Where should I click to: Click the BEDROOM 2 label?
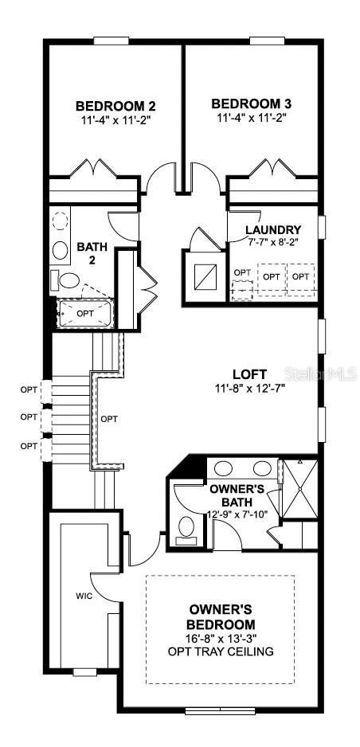pos(115,105)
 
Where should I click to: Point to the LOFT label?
pos(250,373)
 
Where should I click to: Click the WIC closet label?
pos(84,595)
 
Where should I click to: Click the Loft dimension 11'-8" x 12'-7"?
pos(250,389)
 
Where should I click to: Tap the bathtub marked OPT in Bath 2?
pos(84,313)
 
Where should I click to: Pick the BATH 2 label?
pos(92,254)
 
